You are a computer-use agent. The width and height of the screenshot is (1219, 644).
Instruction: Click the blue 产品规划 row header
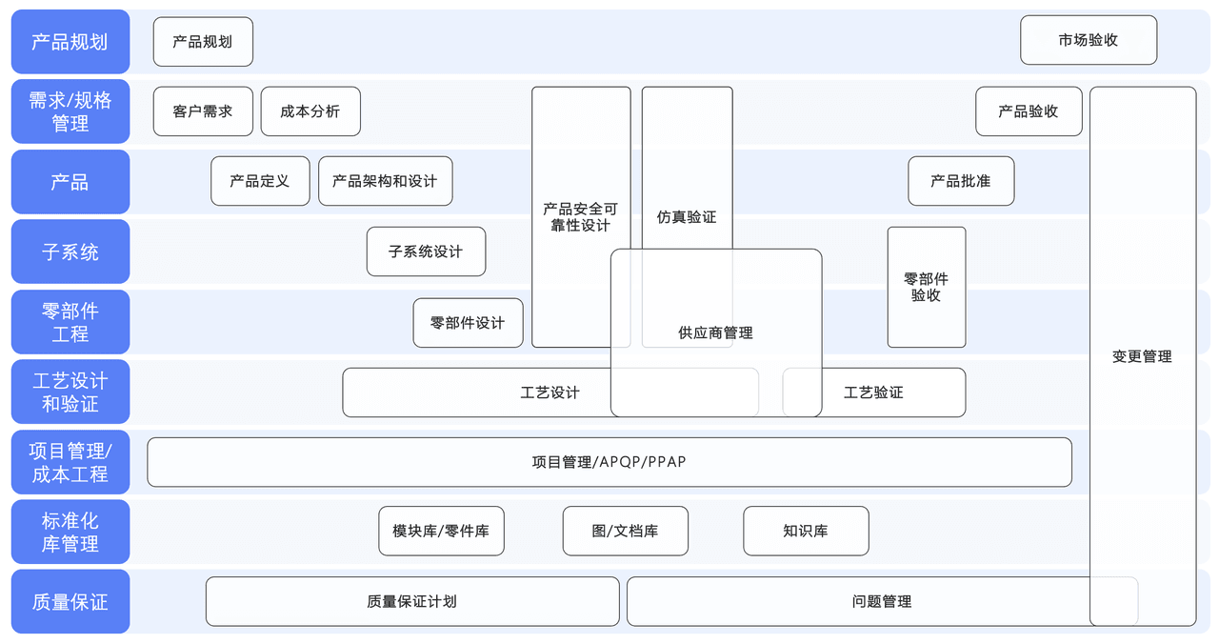point(70,42)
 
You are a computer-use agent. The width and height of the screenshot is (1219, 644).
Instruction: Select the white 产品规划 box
point(203,42)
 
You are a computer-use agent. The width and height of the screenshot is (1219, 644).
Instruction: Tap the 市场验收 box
point(1088,40)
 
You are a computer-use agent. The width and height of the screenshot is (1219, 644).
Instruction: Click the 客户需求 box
point(203,111)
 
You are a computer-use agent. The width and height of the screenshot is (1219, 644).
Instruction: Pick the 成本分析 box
point(310,111)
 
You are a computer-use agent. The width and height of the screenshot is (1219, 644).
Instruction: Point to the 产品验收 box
point(1029,111)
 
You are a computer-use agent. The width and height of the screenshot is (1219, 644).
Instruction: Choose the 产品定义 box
point(260,181)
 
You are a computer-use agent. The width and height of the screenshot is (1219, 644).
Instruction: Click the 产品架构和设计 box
point(385,181)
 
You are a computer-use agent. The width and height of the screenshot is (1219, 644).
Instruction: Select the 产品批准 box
point(960,181)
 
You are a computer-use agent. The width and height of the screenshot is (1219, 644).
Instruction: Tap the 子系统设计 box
point(426,252)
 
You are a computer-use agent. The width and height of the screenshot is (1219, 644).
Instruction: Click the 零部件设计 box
point(468,323)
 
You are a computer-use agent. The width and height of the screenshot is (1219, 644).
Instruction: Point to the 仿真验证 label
point(687,217)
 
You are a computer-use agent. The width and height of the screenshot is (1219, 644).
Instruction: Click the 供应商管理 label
point(715,333)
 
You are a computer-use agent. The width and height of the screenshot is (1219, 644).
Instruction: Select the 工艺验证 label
point(873,392)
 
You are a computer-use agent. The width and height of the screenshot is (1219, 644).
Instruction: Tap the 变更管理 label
point(1142,356)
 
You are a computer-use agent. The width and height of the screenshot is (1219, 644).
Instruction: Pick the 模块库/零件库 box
point(441,531)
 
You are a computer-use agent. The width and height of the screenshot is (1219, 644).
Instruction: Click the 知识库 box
point(806,531)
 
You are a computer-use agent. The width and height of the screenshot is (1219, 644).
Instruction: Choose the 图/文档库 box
point(625,531)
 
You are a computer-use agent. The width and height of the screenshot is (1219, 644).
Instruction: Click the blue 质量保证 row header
point(70,602)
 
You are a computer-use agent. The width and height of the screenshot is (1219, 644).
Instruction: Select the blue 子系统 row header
point(70,252)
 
